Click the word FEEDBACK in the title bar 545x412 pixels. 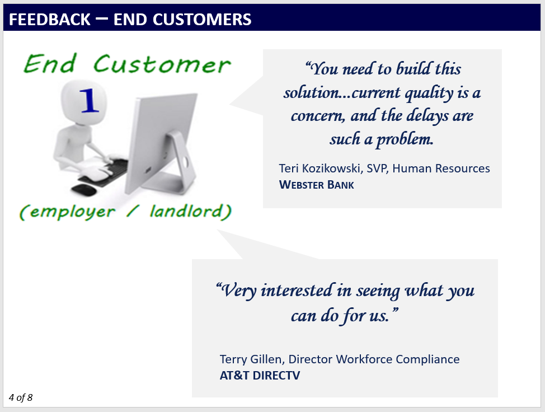pos(49,20)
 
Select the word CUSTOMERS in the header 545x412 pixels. pos(202,20)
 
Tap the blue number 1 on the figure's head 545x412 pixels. pos(90,100)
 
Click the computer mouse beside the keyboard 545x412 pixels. pos(84,189)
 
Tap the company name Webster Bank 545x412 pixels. pos(316,185)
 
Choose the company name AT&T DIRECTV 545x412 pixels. pos(260,376)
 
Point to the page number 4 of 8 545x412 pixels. pos(21,397)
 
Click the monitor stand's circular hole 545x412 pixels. pos(185,162)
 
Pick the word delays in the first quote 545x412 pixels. pos(428,116)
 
